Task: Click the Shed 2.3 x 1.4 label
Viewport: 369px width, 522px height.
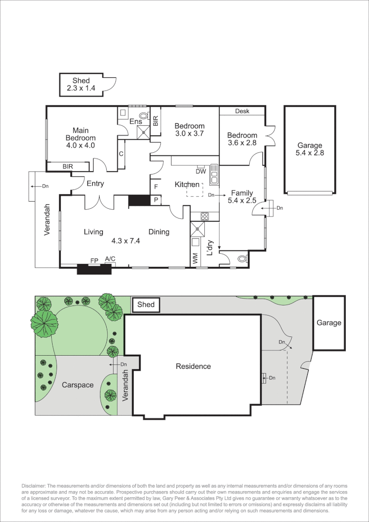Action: click(81, 85)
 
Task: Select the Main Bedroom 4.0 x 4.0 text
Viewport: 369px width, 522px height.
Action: click(80, 137)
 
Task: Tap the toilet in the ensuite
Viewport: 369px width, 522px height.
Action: click(143, 116)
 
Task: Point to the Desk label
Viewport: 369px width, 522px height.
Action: click(242, 111)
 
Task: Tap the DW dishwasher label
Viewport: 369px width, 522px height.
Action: click(201, 171)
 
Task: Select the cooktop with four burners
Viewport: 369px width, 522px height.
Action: click(204, 216)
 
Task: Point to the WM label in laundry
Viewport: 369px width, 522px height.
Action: click(195, 259)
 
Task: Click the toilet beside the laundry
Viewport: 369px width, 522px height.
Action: click(241, 259)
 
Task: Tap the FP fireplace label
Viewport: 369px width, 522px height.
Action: click(94, 261)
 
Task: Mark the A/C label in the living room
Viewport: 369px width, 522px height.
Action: click(110, 259)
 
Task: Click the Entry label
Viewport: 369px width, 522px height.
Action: click(95, 184)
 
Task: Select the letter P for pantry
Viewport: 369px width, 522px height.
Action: click(156, 199)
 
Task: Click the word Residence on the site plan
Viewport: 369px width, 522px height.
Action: click(193, 366)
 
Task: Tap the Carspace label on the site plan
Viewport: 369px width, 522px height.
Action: click(77, 385)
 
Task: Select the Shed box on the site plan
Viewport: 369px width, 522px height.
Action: click(146, 304)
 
